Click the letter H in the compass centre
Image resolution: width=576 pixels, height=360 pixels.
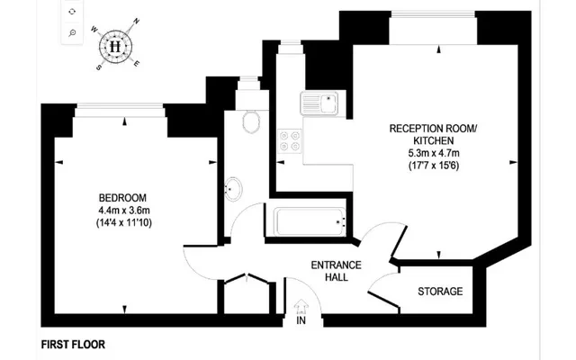click(x=116, y=44)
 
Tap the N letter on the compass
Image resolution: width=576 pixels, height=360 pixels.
click(x=136, y=21)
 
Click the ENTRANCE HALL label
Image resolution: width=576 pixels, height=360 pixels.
click(x=336, y=271)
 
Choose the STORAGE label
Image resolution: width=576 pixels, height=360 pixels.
click(x=441, y=292)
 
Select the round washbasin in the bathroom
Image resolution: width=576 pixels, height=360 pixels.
click(x=233, y=189)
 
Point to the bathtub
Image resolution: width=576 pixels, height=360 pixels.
click(x=311, y=220)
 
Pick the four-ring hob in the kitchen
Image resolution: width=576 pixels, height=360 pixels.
click(x=290, y=141)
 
